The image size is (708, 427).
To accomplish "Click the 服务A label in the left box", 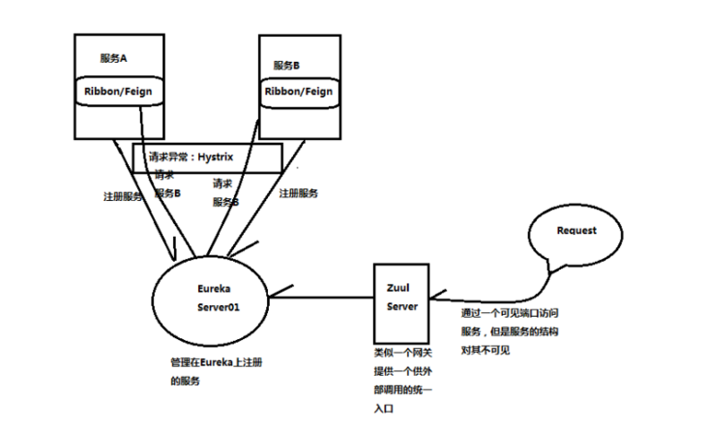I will pyautogui.click(x=114, y=59).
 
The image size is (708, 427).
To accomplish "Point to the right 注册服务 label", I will pyautogui.click(x=299, y=193).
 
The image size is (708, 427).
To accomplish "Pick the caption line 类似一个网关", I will pyautogui.click(x=402, y=354).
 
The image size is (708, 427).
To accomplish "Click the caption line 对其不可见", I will pyautogui.click(x=486, y=349).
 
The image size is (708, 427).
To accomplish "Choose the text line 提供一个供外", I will pyautogui.click(x=402, y=373).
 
